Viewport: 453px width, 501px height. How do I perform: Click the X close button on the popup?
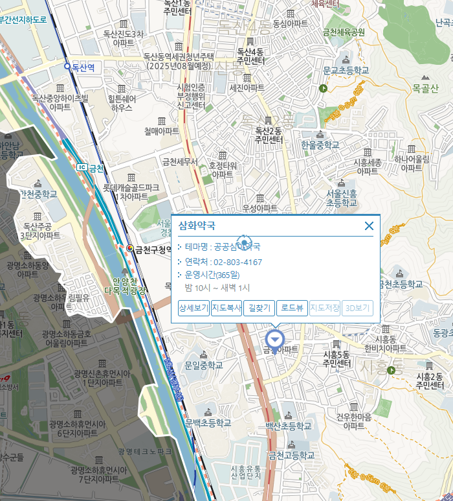[369, 226]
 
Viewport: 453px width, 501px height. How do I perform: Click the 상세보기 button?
[193, 309]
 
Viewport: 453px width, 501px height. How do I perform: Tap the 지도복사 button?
[226, 309]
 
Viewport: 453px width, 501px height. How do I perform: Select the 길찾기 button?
[259, 309]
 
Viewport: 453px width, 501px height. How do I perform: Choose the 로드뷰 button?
[292, 309]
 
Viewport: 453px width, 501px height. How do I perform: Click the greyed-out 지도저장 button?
[325, 309]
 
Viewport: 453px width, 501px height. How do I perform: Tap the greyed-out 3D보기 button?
[358, 309]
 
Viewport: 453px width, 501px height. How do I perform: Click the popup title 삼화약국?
[197, 226]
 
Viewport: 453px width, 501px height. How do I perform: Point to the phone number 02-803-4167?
[238, 262]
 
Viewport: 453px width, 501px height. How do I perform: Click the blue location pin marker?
[275, 340]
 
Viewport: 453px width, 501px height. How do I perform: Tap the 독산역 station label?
[83, 66]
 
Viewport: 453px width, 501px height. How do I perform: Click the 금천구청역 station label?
[153, 248]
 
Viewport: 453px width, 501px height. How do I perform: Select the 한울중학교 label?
[320, 145]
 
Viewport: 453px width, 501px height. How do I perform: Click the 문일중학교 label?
[203, 366]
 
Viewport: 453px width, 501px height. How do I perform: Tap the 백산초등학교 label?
[288, 426]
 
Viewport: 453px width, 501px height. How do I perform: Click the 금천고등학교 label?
[291, 456]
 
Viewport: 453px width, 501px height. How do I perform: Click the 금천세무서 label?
[180, 161]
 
